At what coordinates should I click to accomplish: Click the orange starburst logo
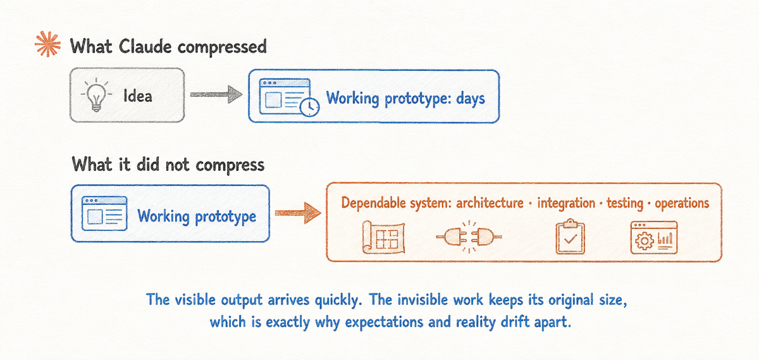point(48,44)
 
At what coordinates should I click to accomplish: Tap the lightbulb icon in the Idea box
point(96,94)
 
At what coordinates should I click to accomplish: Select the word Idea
point(138,96)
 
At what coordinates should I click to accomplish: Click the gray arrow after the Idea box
point(216,94)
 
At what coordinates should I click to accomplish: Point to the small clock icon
point(310,107)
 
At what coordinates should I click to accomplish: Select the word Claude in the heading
point(145,46)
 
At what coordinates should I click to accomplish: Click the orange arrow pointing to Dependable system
point(298,213)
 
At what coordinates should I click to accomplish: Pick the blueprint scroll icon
point(383,237)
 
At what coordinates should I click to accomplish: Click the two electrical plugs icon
point(469,237)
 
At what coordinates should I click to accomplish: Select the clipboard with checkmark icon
point(571,236)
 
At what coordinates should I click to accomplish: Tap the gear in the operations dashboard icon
point(644,241)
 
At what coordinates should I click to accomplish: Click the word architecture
point(490,203)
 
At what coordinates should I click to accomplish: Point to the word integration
point(566,203)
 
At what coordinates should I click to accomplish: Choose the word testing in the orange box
point(625,203)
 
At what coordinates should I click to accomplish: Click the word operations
point(682,203)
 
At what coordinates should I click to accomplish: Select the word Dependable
point(373,203)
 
